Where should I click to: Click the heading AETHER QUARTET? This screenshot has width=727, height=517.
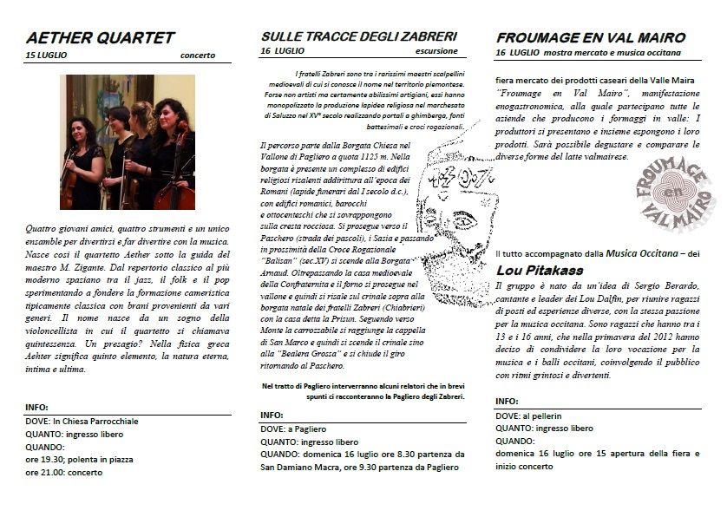[x=100, y=37]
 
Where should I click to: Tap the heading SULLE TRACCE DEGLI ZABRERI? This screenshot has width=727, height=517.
[x=358, y=37]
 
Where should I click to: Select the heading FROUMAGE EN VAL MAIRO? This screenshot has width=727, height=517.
[x=591, y=37]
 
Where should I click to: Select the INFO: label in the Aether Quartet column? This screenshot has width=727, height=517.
[x=37, y=407]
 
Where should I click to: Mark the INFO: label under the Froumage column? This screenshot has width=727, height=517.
[x=508, y=402]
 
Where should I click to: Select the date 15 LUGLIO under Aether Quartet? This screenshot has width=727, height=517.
[x=46, y=56]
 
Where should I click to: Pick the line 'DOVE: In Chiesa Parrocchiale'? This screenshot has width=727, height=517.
[x=82, y=421]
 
